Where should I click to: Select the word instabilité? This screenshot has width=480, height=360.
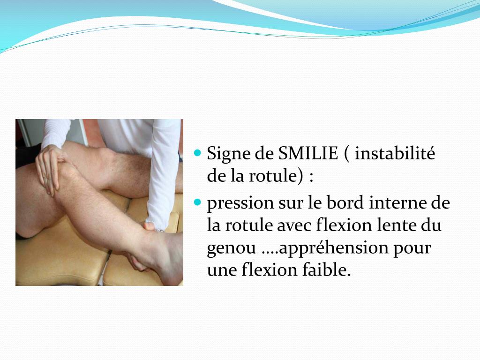pos(395,153)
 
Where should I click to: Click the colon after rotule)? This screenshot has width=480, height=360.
pos(311,177)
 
